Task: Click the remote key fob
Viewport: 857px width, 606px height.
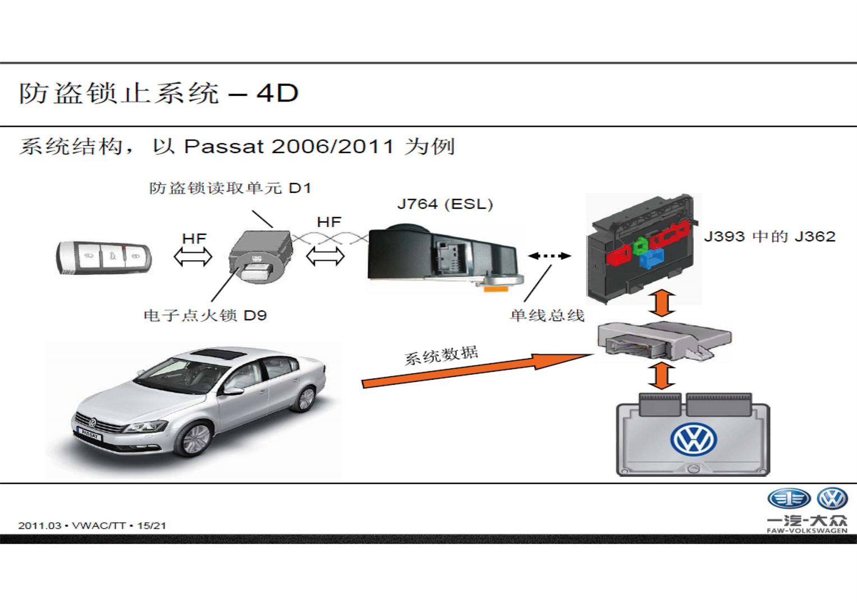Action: tap(104, 258)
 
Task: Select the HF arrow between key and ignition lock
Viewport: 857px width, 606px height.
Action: tap(193, 257)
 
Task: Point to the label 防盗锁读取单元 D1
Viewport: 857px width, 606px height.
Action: tap(230, 188)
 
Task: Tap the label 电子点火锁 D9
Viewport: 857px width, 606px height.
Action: tap(205, 315)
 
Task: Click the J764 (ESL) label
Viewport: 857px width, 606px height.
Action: tap(444, 204)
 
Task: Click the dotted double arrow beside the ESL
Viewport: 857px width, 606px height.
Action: tap(549, 256)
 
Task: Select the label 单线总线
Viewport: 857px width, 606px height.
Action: tap(547, 315)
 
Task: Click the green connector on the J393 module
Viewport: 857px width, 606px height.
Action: tap(640, 245)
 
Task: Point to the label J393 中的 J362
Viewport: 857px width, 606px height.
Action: tap(769, 236)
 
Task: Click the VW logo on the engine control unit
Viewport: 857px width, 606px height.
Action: tap(693, 439)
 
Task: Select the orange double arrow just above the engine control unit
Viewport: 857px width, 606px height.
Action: tap(662, 375)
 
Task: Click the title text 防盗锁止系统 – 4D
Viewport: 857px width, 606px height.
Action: tap(159, 93)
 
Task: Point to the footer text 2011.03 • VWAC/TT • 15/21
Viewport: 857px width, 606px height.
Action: tap(92, 526)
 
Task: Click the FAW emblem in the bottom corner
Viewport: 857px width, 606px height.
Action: tap(789, 498)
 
